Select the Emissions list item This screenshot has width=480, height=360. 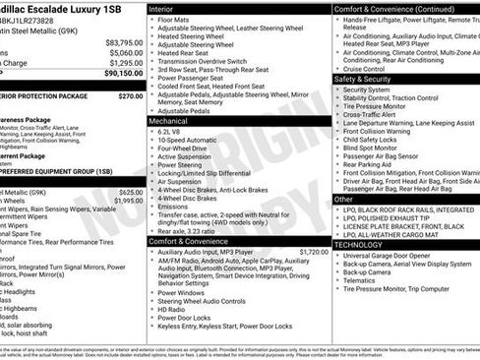click(175, 207)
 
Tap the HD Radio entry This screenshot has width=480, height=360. click(173, 310)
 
